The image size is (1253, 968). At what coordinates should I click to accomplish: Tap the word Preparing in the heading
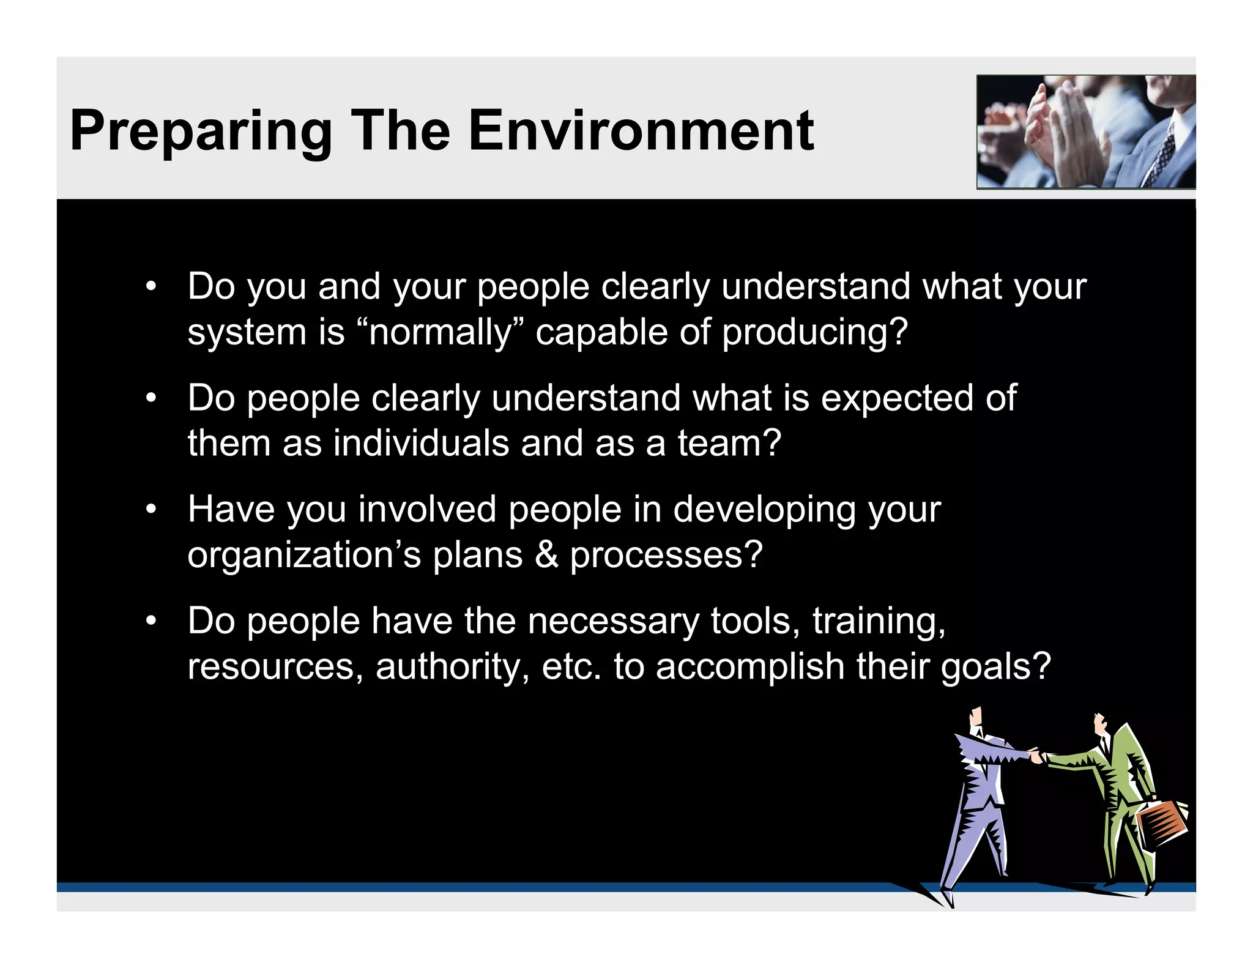click(x=201, y=132)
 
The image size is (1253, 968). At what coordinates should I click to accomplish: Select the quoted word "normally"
click(x=440, y=332)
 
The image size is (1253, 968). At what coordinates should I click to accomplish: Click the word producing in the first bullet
click(x=814, y=333)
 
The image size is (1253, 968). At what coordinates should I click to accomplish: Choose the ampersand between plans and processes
click(x=546, y=555)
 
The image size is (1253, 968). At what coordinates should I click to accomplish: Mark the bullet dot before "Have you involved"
click(x=151, y=509)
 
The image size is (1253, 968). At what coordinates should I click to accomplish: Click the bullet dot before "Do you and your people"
click(x=151, y=286)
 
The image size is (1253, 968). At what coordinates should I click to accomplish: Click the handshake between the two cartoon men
click(x=1036, y=755)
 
